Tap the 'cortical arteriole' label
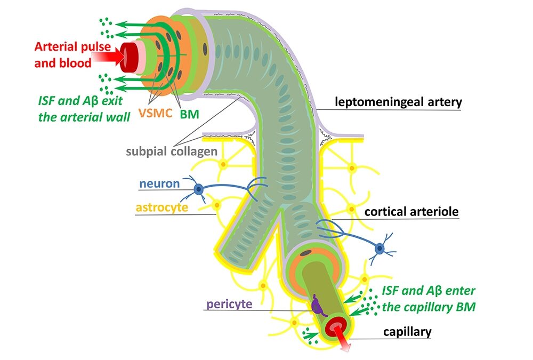pos(411,212)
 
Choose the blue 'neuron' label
pos(159,184)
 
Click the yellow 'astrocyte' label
pos(161,207)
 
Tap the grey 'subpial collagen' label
pos(171,151)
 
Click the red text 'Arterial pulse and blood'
pos(63,54)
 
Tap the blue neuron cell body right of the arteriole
pos(380,248)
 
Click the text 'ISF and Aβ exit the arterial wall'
pos(85,108)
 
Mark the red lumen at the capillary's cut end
pos(336,325)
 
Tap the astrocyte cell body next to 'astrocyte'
pos(216,204)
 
